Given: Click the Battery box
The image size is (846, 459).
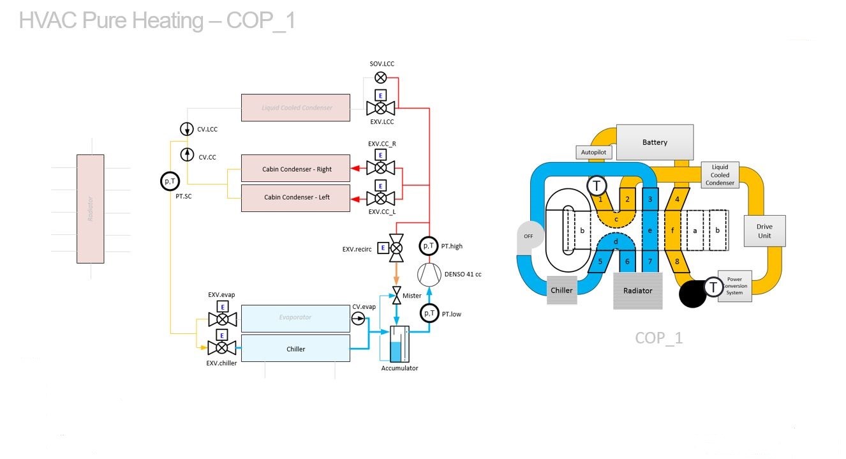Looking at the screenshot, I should pos(655,142).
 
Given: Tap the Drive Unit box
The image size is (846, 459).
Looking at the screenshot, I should pos(764,231).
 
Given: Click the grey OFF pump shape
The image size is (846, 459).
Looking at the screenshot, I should pos(529,237).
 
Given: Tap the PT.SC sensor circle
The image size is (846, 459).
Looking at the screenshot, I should pos(170,182).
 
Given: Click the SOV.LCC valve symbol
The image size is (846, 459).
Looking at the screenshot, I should pos(380,78).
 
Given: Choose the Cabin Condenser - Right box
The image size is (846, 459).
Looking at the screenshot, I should pos(295,169).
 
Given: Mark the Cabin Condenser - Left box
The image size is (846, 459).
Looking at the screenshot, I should pos(295,197).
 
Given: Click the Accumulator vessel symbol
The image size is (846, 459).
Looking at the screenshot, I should pos(398,344).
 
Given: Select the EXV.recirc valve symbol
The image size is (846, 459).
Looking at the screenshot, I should pos(397,248).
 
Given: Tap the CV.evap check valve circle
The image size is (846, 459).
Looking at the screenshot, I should pos(359,318).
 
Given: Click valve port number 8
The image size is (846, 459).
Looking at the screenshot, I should pos(677,260).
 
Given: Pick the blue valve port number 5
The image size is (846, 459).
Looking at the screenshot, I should pos(600,261).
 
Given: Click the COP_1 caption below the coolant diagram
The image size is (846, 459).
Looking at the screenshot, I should pos(658,338).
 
